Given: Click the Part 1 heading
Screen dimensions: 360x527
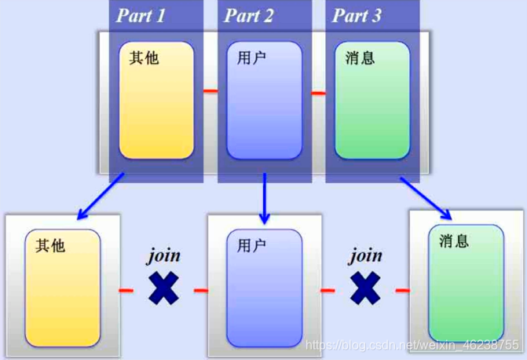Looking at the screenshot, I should pos(141,16).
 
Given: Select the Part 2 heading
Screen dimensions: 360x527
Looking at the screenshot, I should pos(249,16).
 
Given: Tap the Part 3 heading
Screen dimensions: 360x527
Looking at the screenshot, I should pos(357,16).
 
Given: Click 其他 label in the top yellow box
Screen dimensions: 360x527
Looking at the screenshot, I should pos(145,57).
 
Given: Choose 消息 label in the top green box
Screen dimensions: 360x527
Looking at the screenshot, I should pos(360,57).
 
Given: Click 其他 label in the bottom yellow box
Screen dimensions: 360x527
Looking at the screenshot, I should pos(50,246).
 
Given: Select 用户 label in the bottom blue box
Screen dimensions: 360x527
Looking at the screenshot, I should pos(252,245).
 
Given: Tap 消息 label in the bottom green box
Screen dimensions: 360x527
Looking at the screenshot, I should pos(454,241).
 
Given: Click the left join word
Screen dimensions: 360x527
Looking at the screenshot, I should pos(164,255).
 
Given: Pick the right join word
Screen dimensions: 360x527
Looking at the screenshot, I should pos(365,255).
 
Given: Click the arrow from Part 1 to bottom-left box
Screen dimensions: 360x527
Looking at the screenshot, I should pos(101,196).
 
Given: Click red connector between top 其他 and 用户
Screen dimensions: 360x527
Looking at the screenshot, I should pos(210,91).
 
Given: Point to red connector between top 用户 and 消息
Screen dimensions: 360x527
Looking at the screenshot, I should pos(318,94).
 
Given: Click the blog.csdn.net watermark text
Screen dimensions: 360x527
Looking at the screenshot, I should pos(412,345).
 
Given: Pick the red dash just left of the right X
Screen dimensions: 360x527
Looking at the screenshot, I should pos(328,291).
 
